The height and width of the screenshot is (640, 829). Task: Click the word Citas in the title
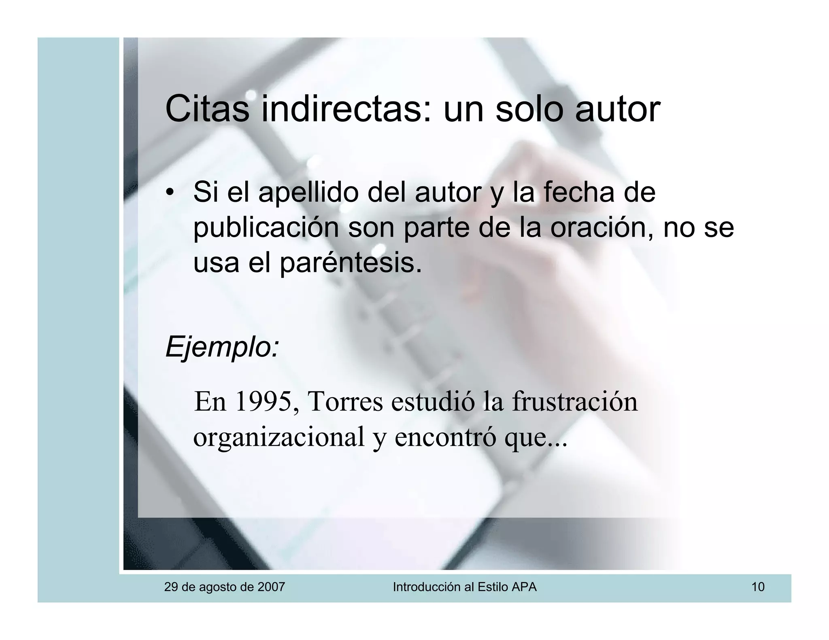click(207, 109)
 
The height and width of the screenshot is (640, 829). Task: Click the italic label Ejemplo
click(222, 347)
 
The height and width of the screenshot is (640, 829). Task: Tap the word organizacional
click(279, 437)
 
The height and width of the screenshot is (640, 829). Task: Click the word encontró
click(445, 437)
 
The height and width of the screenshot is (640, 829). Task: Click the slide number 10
click(758, 587)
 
